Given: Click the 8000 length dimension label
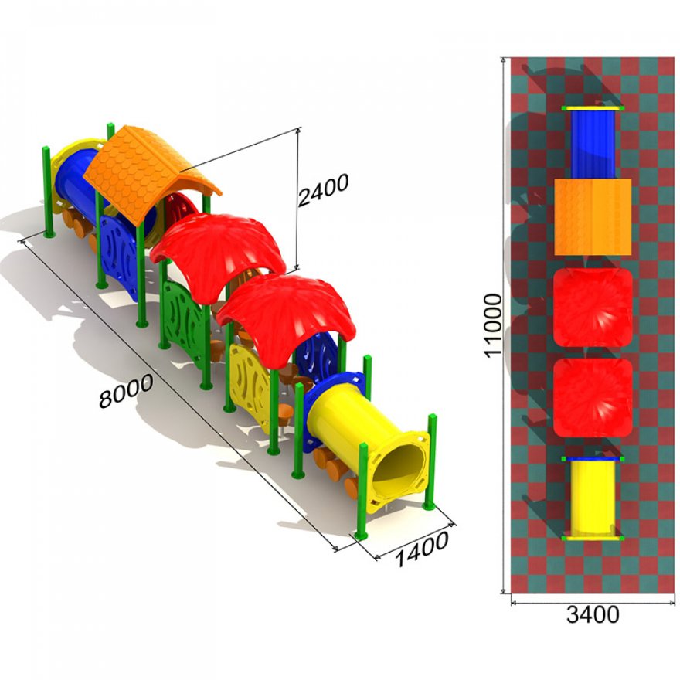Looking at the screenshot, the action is pos(126,390).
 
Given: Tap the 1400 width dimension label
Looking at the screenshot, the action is pos(422,549).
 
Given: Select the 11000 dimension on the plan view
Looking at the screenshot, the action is pos(493,325).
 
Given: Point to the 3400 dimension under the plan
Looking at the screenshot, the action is pos(593,614).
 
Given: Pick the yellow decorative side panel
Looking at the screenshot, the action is pos(250,386).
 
